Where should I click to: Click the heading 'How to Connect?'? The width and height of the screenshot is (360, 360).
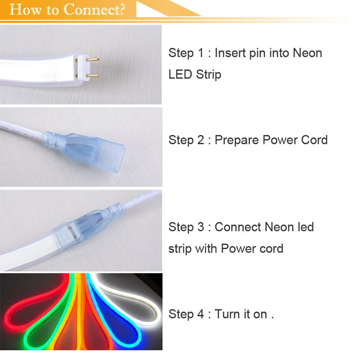pos(67,9)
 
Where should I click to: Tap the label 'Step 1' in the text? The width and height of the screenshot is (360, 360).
pos(186,53)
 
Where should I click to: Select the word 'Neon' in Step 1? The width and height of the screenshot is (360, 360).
pos(307,53)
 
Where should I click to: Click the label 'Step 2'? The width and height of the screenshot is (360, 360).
pos(186,140)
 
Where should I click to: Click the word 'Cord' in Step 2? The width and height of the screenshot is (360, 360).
pos(313,140)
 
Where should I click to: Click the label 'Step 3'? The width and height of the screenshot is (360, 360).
pos(186,227)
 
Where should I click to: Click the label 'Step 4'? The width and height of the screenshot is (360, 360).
pos(186,314)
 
